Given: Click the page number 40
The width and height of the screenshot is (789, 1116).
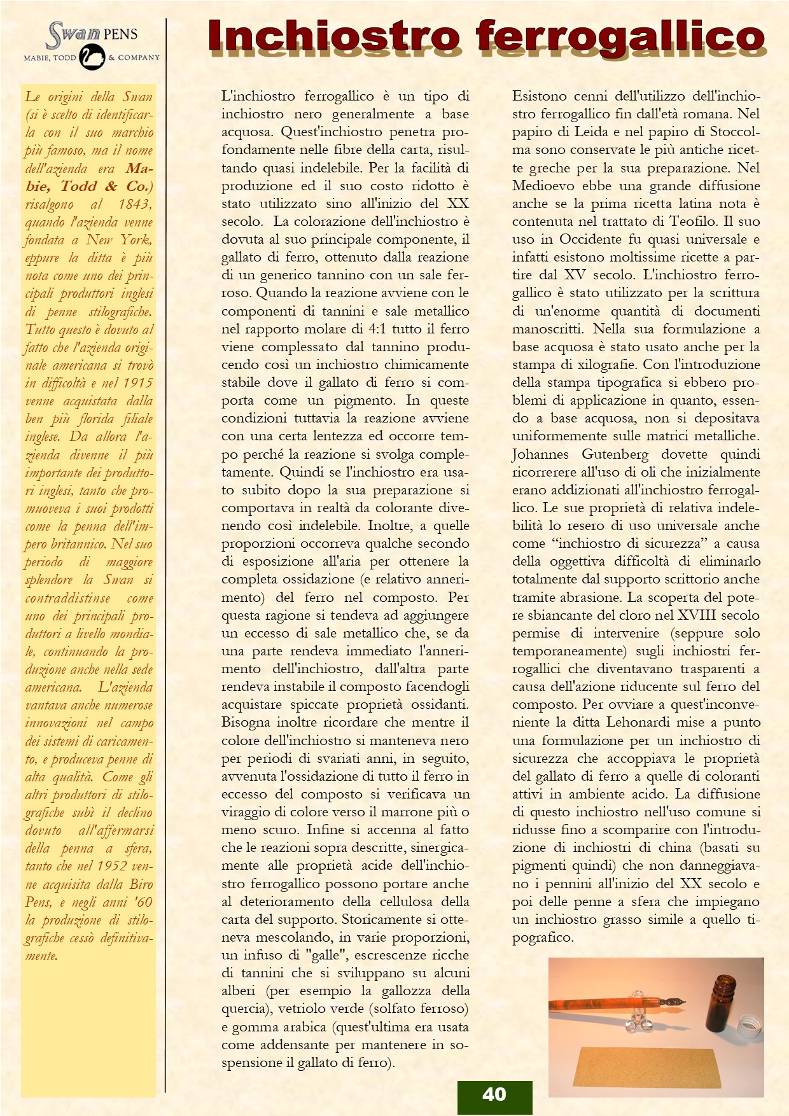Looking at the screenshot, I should (494, 1094).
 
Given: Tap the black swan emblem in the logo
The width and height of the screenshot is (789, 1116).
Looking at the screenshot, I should (92, 57).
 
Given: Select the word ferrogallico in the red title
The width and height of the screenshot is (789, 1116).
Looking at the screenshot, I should (620, 36).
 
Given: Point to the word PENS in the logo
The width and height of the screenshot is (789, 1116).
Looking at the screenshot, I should (120, 34).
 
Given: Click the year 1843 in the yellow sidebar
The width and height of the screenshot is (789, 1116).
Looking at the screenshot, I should (134, 204).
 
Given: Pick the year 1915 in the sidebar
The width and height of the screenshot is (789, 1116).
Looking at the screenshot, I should (137, 383).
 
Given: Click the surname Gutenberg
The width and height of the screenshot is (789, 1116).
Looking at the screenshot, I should (615, 454).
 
